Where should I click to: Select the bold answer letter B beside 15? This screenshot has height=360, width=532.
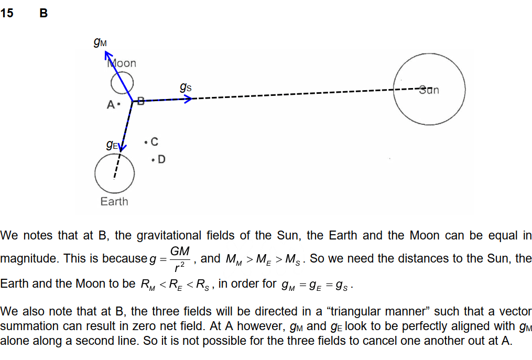pos(44,14)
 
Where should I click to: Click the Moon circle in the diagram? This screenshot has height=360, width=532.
pos(122,82)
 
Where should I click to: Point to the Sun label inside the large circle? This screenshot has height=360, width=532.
pos(429,90)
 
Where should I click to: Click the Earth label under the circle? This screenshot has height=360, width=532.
pos(114,201)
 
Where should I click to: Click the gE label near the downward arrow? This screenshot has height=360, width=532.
pos(112,145)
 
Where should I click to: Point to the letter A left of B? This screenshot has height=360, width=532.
pos(110,104)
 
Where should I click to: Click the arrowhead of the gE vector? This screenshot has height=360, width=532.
pos(122,149)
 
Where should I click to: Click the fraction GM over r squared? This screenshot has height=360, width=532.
pos(180,258)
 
